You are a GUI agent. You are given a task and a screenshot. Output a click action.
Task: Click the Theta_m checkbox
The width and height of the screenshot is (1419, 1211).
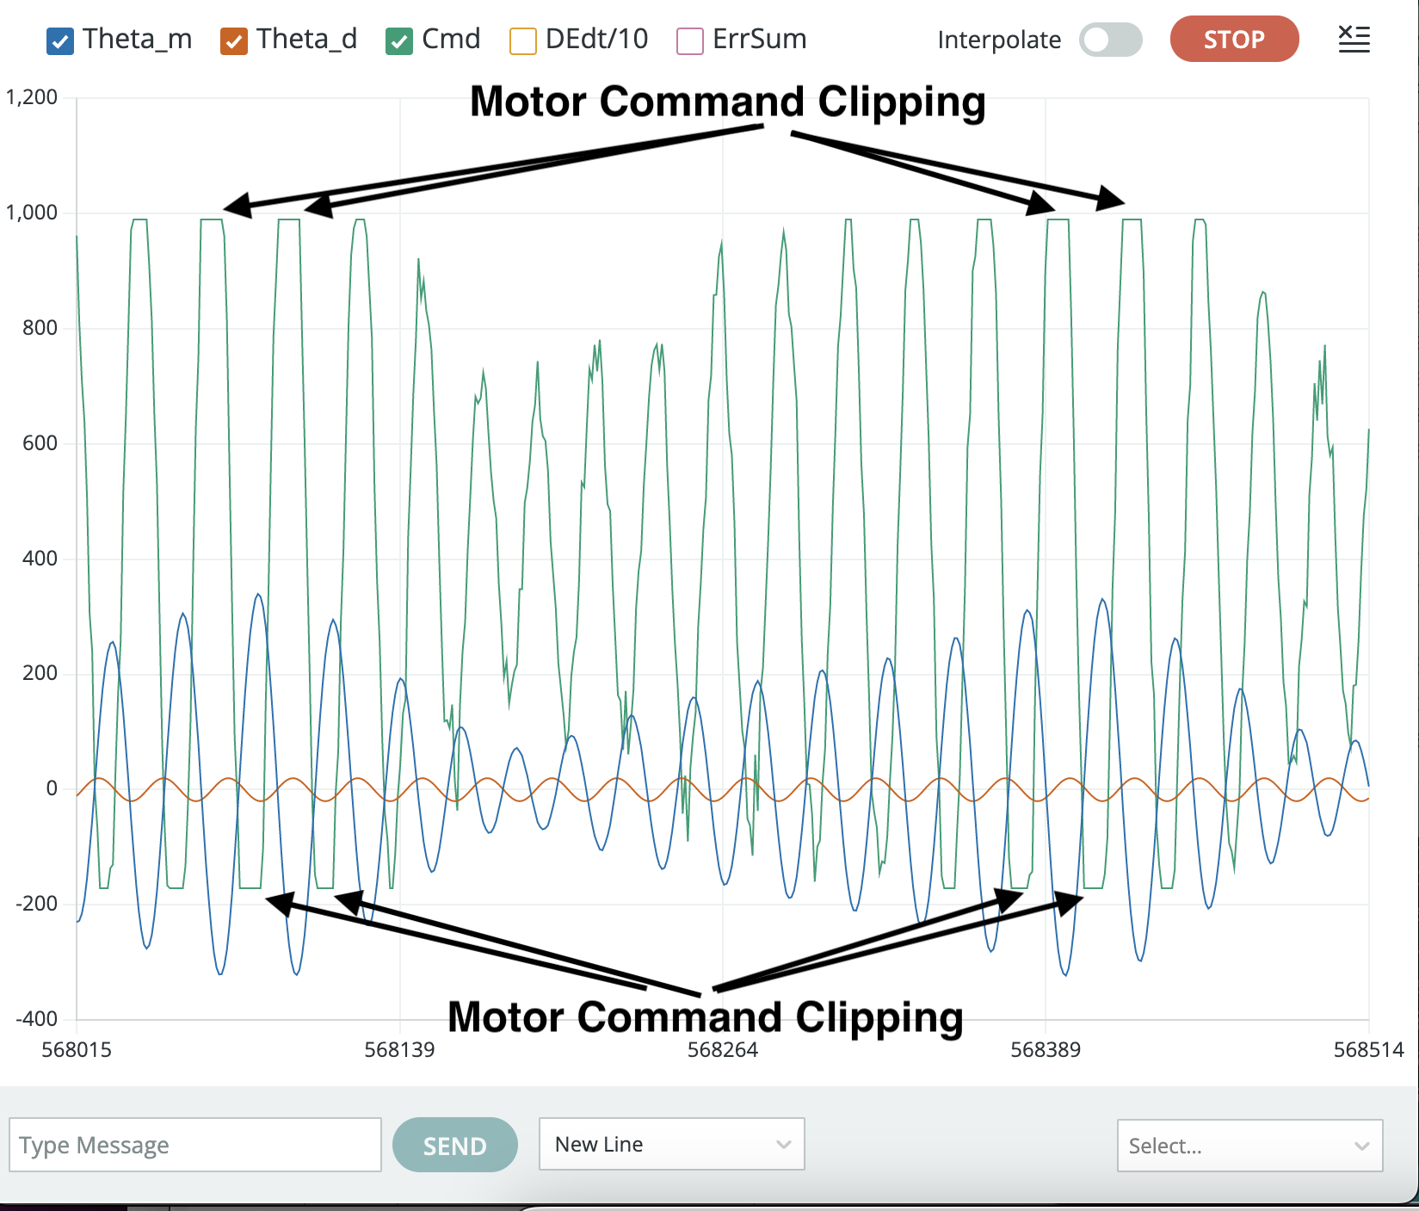coord(60,41)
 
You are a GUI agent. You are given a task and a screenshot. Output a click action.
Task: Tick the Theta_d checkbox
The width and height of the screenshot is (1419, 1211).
coord(234,41)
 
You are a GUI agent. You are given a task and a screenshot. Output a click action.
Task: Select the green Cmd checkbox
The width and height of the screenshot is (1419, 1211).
coord(399,41)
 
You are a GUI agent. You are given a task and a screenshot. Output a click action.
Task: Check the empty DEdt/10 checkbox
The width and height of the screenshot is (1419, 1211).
coord(523,41)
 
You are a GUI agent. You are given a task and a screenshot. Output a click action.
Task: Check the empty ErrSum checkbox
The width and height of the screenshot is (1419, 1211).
coord(690,41)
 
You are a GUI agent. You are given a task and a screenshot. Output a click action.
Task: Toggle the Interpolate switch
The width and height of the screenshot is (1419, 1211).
coord(1110,40)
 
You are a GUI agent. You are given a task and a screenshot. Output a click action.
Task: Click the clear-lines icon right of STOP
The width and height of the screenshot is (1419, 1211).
coord(1354,39)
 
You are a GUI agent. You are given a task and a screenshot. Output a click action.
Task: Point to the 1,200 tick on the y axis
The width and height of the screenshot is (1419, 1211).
coord(32,97)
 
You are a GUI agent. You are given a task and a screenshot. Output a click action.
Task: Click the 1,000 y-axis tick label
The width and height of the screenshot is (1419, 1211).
coord(32,213)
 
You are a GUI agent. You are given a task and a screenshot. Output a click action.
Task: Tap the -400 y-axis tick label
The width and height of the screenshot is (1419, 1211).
coord(37,1019)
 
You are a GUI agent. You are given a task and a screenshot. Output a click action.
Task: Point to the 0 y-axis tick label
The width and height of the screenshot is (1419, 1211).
coord(52,788)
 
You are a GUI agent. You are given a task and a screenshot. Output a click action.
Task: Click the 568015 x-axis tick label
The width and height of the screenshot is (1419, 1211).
coord(77,1050)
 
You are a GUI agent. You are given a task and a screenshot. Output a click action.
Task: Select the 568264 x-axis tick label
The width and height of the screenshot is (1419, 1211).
coord(723,1050)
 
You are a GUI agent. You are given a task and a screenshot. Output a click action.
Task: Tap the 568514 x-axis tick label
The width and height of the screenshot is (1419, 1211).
coord(1368,1050)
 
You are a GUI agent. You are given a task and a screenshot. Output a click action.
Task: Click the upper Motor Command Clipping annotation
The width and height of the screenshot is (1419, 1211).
coord(727,102)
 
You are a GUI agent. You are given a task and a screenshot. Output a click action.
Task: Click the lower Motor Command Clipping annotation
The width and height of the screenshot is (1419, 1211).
coord(706,1017)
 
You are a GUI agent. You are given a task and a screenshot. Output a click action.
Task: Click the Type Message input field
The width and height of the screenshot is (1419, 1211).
coord(195,1145)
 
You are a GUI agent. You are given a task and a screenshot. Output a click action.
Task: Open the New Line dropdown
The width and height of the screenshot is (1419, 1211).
coord(671,1144)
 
